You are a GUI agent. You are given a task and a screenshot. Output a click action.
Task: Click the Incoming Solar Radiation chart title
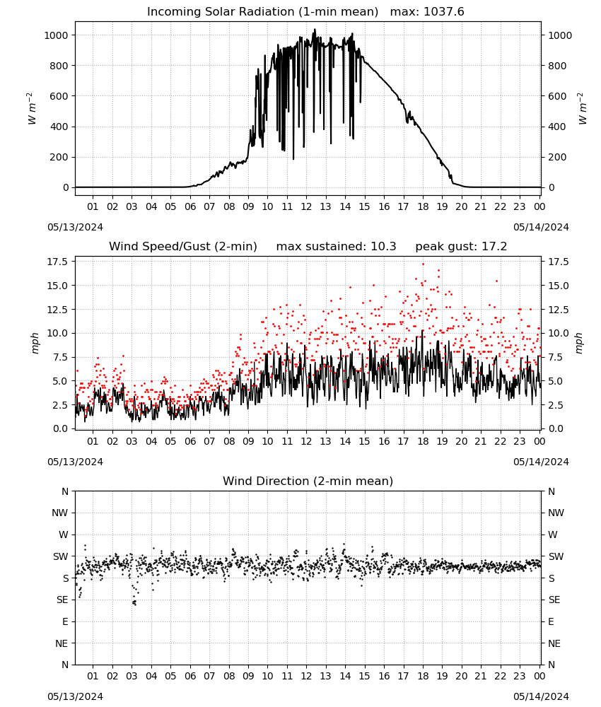pyautogui.click(x=262, y=12)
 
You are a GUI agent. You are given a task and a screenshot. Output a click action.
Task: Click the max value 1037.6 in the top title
pyautogui.click(x=444, y=12)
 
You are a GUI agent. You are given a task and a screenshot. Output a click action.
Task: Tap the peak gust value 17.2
pyautogui.click(x=492, y=247)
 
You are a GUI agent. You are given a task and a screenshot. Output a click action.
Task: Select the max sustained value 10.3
pyautogui.click(x=383, y=247)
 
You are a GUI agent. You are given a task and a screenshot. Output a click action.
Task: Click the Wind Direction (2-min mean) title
pyautogui.click(x=308, y=481)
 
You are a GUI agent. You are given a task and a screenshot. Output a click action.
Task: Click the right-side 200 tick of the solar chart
pyautogui.click(x=557, y=158)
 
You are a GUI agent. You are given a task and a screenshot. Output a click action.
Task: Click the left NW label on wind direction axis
pyautogui.click(x=60, y=513)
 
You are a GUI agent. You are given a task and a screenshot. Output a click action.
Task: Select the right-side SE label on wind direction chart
pyautogui.click(x=554, y=600)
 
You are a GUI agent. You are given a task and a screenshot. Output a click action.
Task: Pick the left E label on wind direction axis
pyautogui.click(x=65, y=621)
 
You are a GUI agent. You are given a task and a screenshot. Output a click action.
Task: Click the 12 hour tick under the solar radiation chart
pyautogui.click(x=306, y=206)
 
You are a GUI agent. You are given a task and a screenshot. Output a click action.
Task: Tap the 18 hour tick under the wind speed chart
pyautogui.click(x=423, y=441)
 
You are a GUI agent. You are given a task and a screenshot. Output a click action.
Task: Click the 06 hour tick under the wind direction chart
pyautogui.click(x=189, y=676)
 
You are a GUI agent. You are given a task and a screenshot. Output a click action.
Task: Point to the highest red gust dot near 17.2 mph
pyautogui.click(x=423, y=264)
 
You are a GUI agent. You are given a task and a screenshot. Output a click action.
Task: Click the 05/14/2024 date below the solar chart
pyautogui.click(x=541, y=227)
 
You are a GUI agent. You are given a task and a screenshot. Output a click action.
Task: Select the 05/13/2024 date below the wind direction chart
pyautogui.click(x=75, y=696)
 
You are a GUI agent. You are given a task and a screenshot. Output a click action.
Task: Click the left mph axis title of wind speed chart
pyautogui.click(x=35, y=343)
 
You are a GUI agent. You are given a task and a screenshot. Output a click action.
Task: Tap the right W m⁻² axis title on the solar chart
pyautogui.click(x=582, y=109)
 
